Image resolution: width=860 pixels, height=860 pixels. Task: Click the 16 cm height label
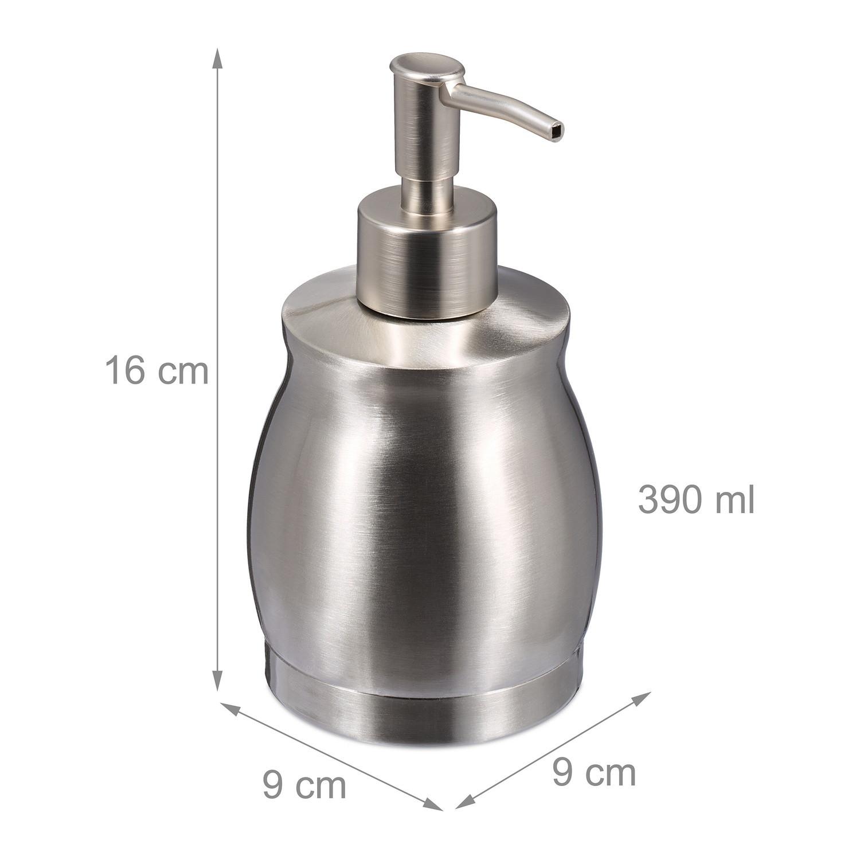157,370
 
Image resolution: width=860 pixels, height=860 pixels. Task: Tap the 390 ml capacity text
695,499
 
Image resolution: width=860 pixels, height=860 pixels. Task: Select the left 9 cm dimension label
304,785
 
